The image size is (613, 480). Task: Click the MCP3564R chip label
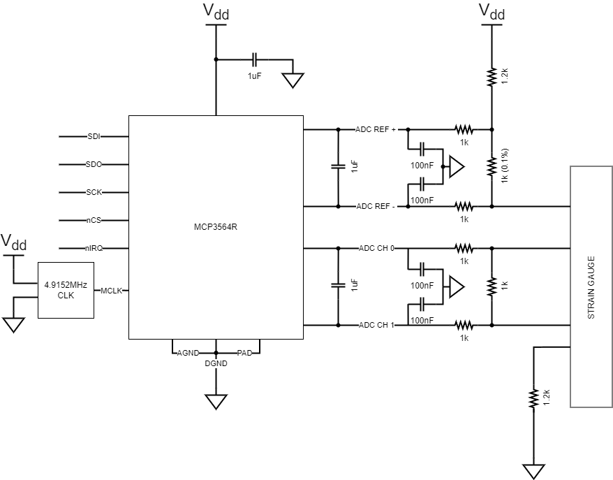click(215, 227)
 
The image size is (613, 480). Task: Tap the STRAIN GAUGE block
click(591, 286)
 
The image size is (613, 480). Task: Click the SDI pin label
click(94, 136)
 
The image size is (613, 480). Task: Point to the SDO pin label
click(94, 164)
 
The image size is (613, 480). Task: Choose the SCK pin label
click(94, 192)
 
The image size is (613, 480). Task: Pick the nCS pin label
click(94, 220)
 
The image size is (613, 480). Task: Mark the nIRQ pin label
click(94, 248)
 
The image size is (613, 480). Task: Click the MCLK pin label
click(112, 291)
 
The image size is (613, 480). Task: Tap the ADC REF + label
click(376, 129)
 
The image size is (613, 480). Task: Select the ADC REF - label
click(376, 206)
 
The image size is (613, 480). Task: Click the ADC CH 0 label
click(376, 248)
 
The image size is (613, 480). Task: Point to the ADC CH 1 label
click(376, 325)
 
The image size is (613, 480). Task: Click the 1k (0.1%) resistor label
click(503, 166)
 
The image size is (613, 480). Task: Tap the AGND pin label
click(188, 353)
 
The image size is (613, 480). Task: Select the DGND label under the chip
click(215, 363)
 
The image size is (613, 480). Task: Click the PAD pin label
click(244, 353)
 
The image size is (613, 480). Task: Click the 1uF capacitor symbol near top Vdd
click(255, 59)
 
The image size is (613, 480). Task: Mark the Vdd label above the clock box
click(13, 242)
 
